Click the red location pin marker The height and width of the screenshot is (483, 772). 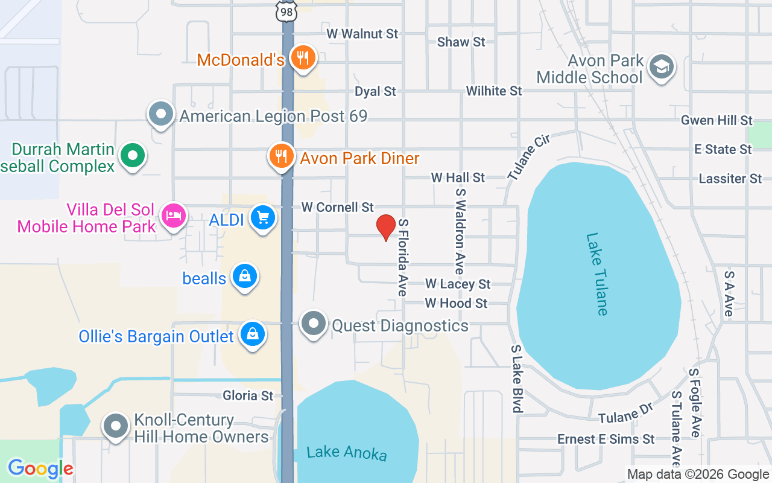point(385,228)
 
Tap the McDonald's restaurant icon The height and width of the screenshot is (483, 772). point(303,58)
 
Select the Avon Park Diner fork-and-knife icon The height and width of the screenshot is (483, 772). point(281,157)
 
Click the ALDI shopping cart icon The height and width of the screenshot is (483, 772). point(263,218)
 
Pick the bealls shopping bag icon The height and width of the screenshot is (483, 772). point(245,277)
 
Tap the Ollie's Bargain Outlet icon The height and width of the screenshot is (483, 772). point(253,334)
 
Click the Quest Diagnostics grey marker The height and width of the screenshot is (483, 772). point(314,324)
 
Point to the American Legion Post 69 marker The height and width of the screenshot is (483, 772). point(161,114)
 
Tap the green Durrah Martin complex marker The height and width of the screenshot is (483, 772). point(133,155)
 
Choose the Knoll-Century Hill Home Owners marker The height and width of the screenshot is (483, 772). point(116,426)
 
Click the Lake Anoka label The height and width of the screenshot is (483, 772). point(346,452)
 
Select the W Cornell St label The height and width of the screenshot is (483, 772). point(337,207)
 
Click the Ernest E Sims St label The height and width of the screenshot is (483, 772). point(606,439)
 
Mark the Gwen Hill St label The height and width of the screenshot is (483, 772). point(717,121)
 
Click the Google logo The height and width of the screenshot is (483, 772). point(40,468)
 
